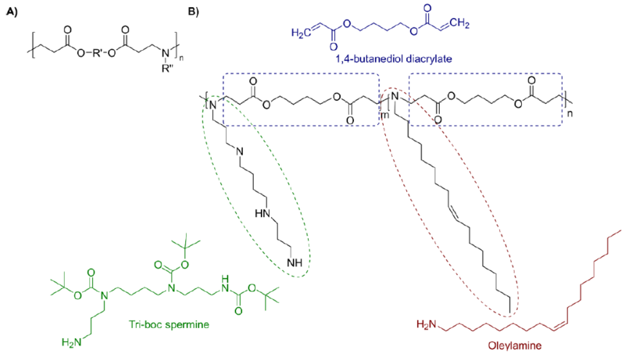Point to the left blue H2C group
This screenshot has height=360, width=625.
[x=301, y=33]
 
